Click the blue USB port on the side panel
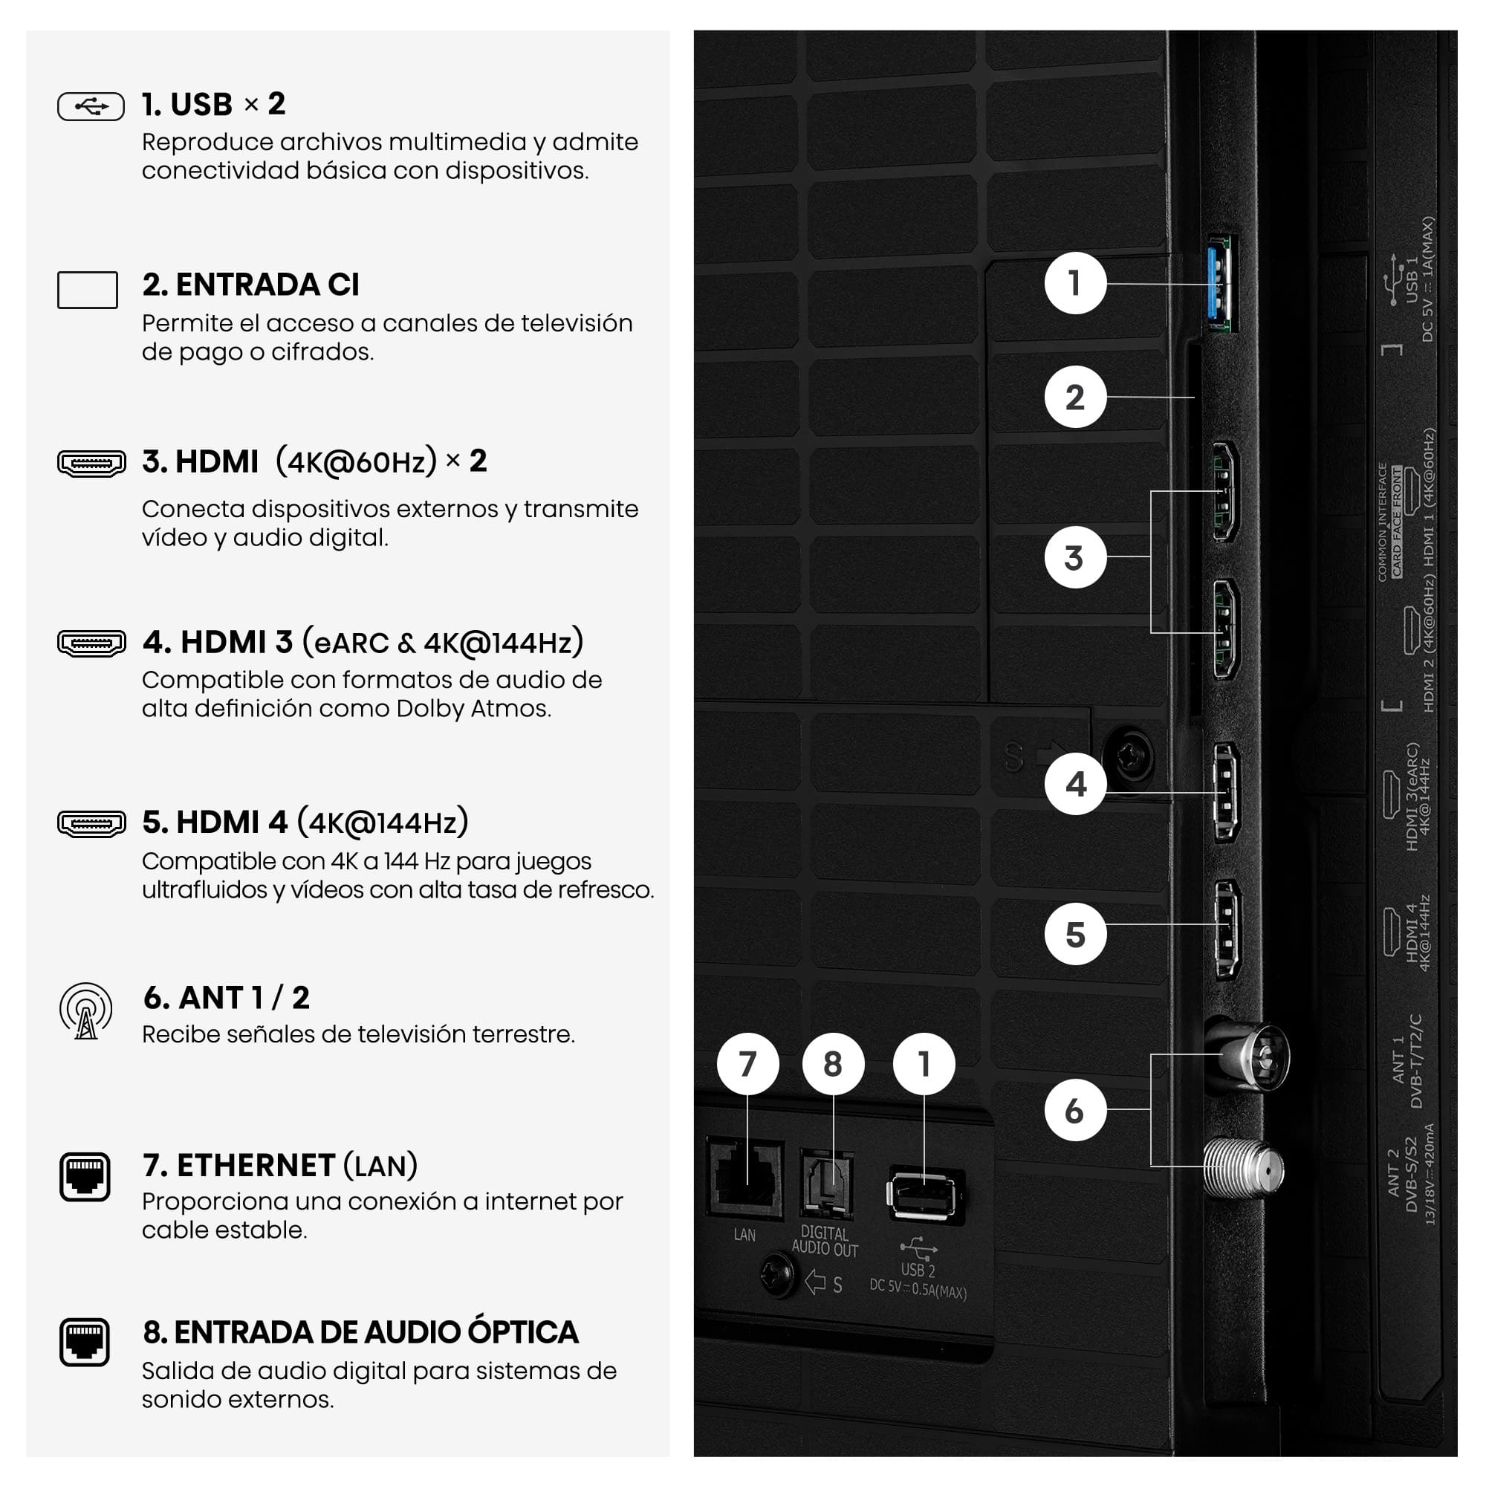[1221, 284]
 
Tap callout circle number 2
[1074, 397]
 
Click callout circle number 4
[1074, 784]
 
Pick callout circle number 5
[1074, 934]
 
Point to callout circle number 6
[1074, 1110]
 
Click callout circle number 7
[747, 1064]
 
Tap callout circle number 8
[832, 1064]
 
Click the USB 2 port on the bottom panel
[925, 1195]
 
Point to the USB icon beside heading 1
[91, 106]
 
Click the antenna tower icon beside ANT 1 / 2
[86, 1010]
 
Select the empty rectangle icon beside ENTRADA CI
[88, 290]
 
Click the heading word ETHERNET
[256, 1165]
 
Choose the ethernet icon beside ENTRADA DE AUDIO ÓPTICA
[85, 1341]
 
